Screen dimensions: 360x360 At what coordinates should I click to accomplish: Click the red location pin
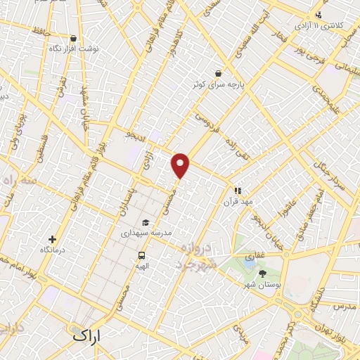[x=181, y=165]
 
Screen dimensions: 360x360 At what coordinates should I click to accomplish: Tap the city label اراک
[x=87, y=336]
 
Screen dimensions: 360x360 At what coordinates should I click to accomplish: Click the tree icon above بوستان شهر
[x=263, y=273]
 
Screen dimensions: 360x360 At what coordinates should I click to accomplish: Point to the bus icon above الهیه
[x=142, y=256]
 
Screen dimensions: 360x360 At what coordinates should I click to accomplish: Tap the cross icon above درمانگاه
[x=52, y=240]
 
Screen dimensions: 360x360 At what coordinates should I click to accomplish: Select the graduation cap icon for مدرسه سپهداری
[x=146, y=222]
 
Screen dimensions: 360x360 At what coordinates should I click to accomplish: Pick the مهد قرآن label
[x=238, y=200]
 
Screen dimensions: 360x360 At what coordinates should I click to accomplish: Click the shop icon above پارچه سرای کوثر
[x=219, y=73]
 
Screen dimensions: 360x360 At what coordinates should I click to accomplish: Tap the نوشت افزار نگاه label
[x=75, y=49]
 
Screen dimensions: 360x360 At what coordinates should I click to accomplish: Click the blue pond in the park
[x=250, y=263]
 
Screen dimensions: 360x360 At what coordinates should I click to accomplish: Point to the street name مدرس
[x=345, y=307]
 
